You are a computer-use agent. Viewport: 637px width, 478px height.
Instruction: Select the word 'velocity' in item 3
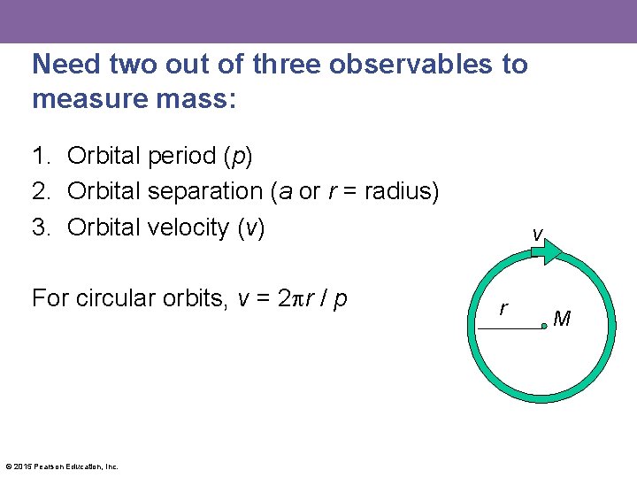point(189,227)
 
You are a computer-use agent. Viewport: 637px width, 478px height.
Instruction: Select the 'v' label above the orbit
point(537,234)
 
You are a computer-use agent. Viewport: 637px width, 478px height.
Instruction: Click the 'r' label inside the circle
point(503,309)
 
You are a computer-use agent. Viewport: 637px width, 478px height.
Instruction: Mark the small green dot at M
point(545,327)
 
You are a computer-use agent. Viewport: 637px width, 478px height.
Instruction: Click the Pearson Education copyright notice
point(62,466)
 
